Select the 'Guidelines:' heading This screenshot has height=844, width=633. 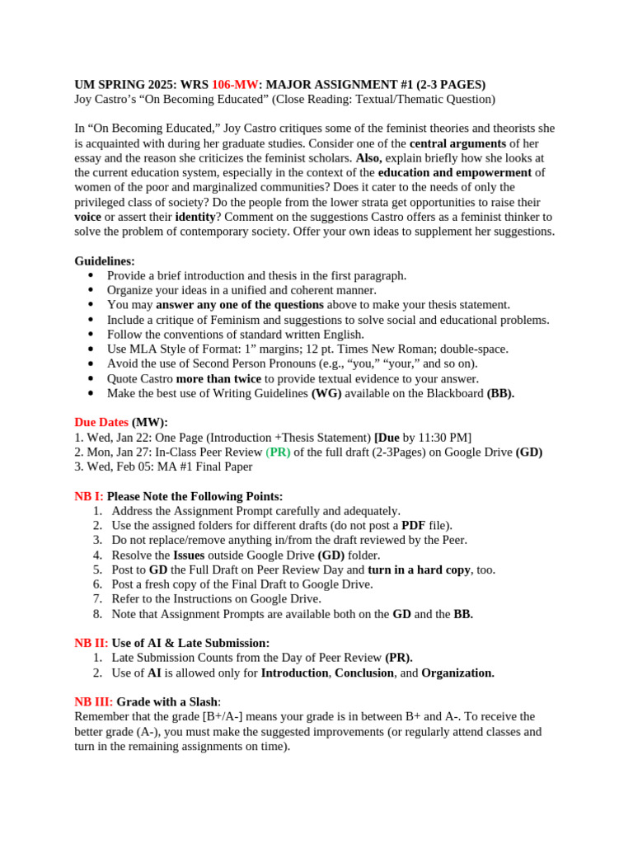[105, 261]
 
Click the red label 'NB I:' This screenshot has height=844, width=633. [89, 496]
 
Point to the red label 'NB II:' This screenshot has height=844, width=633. [91, 643]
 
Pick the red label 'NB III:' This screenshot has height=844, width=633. [93, 701]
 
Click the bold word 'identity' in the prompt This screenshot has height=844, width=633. [195, 217]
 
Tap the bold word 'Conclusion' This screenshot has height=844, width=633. [364, 673]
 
